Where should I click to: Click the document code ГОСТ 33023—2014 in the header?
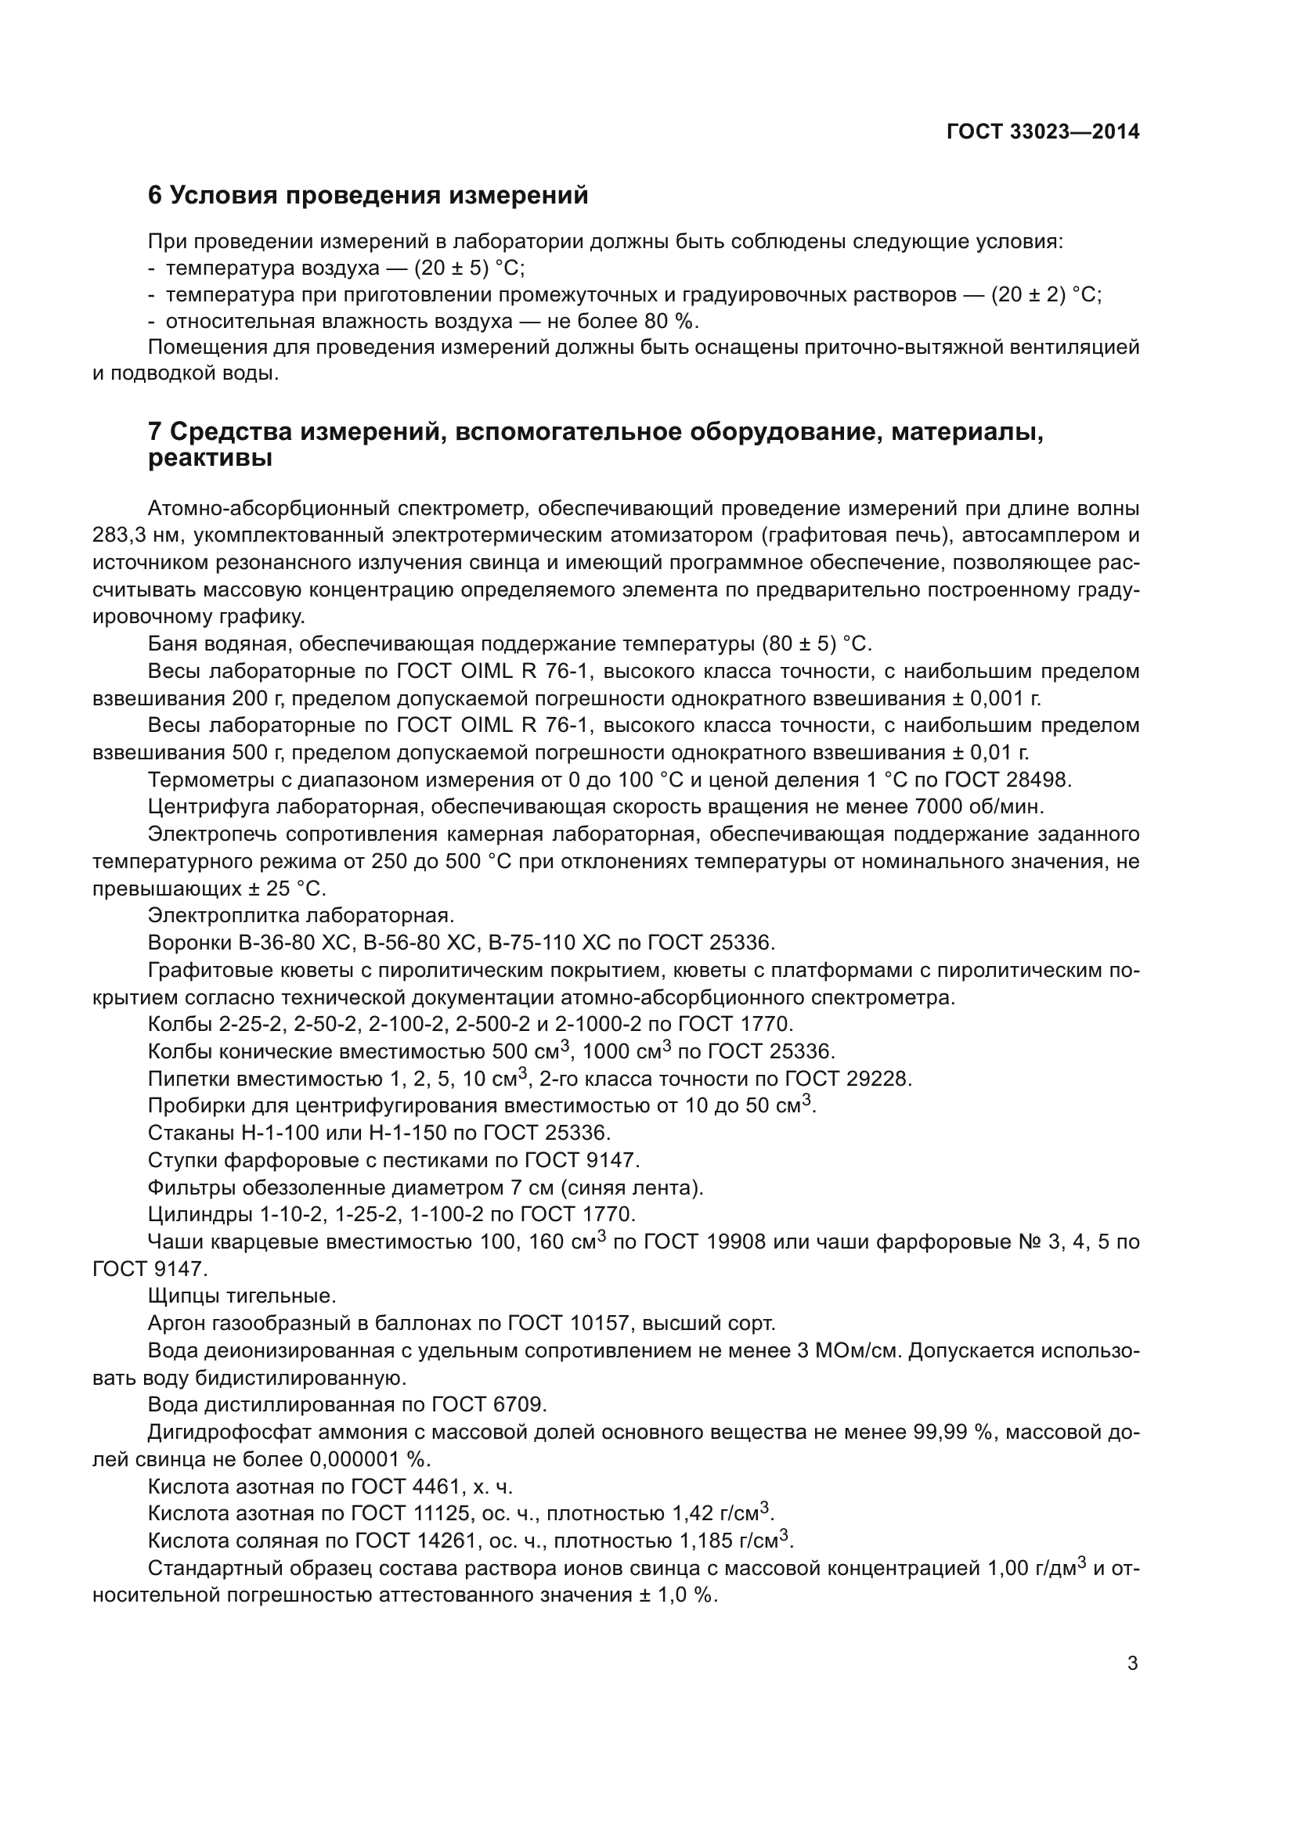click(x=1043, y=132)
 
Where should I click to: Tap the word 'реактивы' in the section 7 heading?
click(x=210, y=459)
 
